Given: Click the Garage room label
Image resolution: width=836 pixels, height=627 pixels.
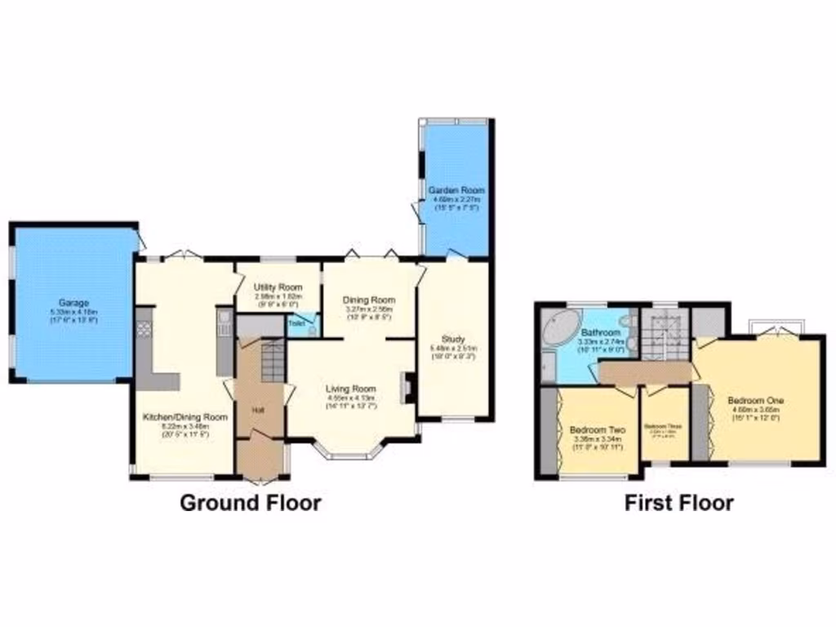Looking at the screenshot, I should [x=73, y=303].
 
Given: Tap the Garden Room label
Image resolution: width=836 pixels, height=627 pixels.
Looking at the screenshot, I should [x=456, y=190].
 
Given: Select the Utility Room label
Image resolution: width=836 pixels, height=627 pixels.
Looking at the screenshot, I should [x=278, y=287].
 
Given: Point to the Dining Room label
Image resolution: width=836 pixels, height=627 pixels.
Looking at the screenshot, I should [x=371, y=300].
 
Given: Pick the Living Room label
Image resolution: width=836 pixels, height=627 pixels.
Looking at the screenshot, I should [x=351, y=389].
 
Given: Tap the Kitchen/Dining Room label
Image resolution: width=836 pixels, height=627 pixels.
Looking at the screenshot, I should [x=185, y=416].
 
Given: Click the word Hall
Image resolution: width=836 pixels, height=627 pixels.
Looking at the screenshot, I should [x=258, y=409].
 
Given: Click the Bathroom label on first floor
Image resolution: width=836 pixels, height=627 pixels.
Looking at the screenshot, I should [x=602, y=333].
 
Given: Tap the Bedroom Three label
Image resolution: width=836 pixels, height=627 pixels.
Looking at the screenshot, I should [x=663, y=426].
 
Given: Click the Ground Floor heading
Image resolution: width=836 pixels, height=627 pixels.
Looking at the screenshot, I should [x=250, y=502].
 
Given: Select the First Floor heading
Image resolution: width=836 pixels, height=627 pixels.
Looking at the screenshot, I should [x=679, y=502].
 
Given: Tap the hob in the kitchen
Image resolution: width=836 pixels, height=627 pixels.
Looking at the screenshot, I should [x=145, y=328].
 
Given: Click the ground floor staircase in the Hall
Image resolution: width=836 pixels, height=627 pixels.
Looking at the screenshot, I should [x=272, y=361].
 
